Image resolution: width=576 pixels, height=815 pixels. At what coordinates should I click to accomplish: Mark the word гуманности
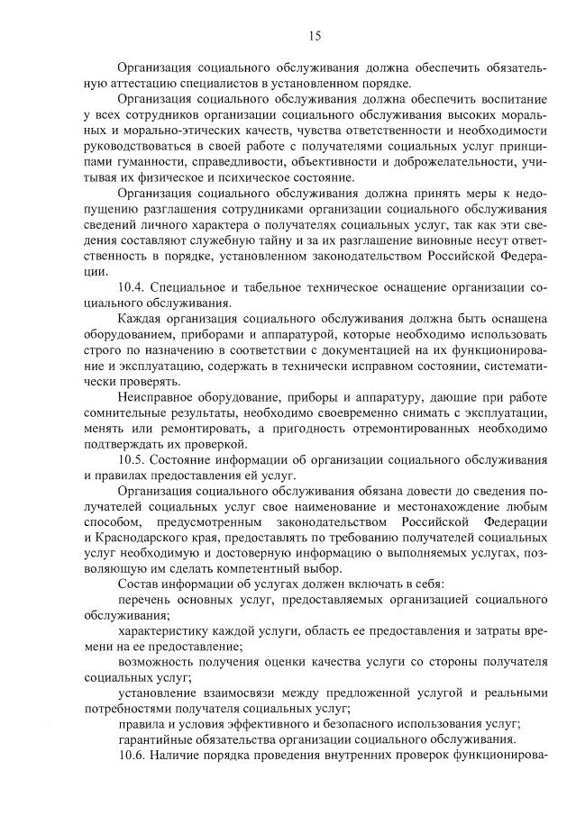pyautogui.click(x=151, y=161)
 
